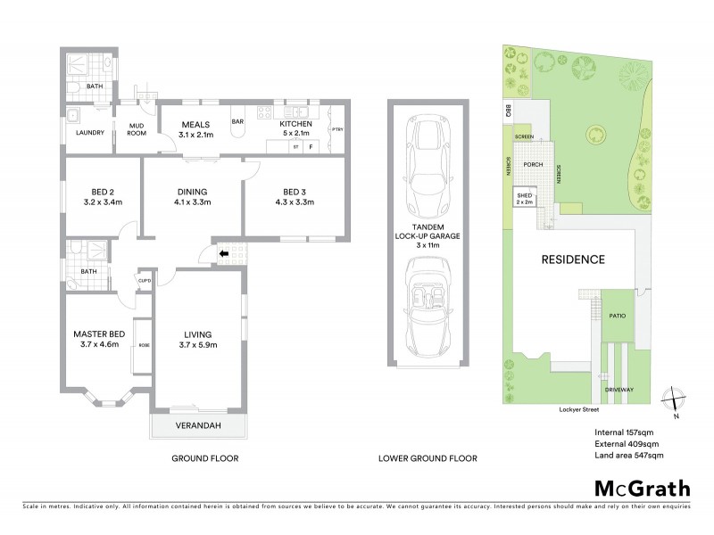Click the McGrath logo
click(x=643, y=488)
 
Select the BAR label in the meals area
click(x=238, y=122)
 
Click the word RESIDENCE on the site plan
click(x=573, y=259)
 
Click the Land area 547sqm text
click(x=629, y=456)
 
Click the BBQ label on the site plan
click(x=507, y=111)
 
